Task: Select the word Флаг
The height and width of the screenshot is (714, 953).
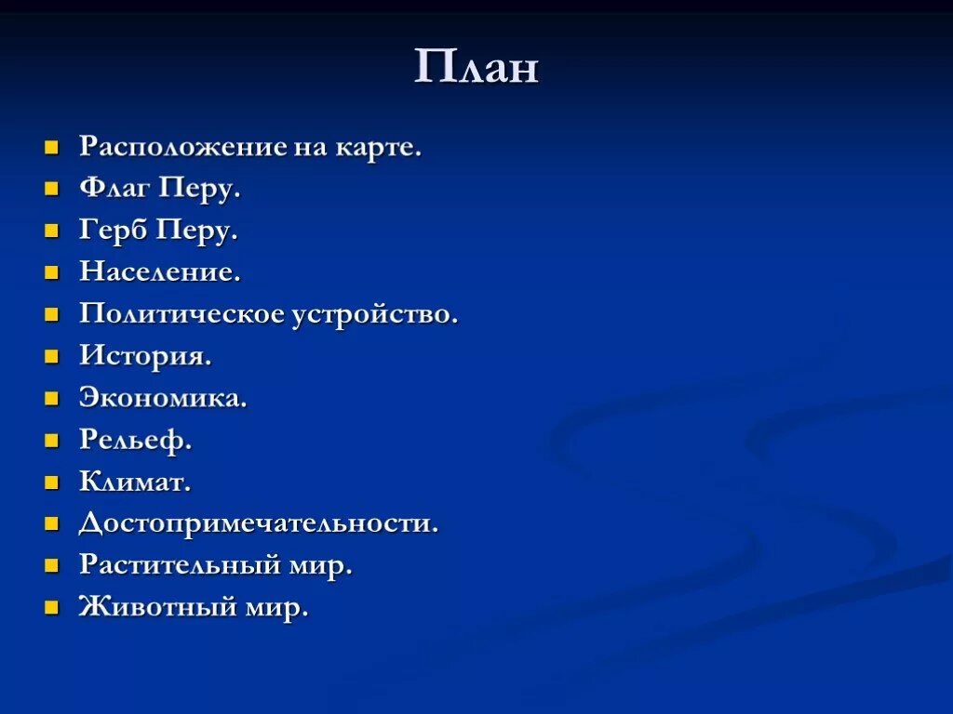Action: tap(114, 189)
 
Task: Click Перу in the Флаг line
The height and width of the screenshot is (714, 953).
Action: tap(199, 189)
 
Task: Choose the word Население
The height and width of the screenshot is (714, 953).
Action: tap(159, 272)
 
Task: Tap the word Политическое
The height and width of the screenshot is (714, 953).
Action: tap(181, 314)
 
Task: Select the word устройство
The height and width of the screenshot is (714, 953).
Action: tap(374, 314)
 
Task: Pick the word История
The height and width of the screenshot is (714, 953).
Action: tap(144, 356)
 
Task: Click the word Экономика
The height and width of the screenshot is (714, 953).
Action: tap(162, 398)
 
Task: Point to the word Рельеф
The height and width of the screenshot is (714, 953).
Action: tap(135, 440)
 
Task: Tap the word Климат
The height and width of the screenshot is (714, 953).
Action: tap(134, 482)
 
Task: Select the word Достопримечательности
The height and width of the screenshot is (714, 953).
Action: tap(258, 523)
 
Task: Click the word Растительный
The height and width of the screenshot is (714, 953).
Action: tap(182, 565)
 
